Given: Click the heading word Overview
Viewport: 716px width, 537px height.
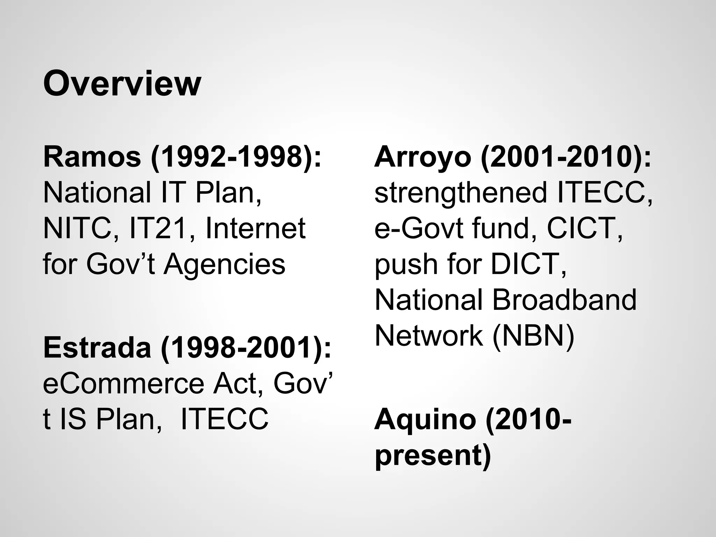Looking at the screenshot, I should (x=122, y=84).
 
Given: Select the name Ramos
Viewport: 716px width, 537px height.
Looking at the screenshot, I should (x=92, y=157).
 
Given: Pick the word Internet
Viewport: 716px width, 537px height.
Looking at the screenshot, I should (x=256, y=228).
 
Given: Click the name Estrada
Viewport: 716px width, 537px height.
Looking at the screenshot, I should (x=97, y=348).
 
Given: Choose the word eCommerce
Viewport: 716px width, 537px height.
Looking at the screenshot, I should (x=123, y=384).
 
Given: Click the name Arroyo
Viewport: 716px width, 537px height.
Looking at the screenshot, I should (x=423, y=157).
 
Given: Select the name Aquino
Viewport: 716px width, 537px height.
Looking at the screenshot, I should (x=425, y=420).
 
